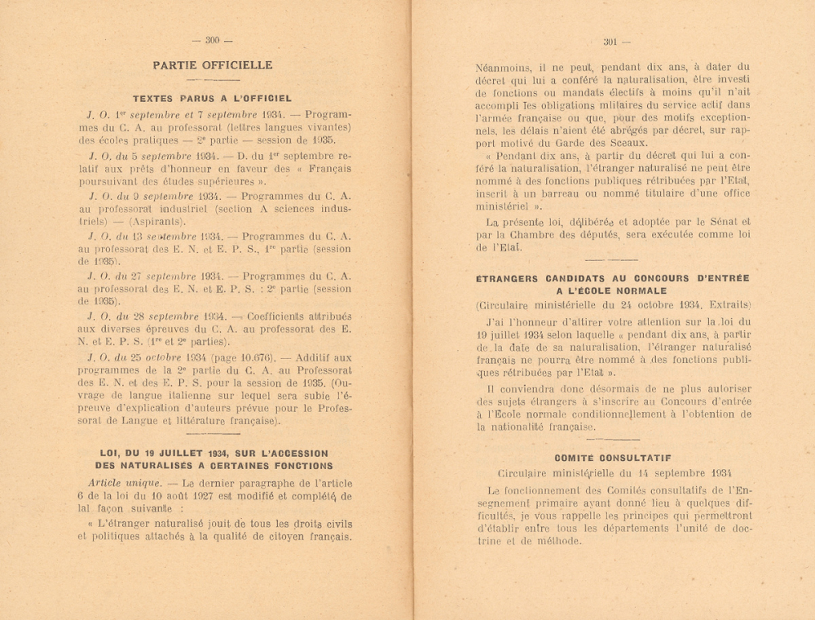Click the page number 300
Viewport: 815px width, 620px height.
(x=212, y=40)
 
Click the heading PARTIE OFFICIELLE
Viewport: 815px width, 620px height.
(x=212, y=65)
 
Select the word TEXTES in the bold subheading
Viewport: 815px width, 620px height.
(x=155, y=98)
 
